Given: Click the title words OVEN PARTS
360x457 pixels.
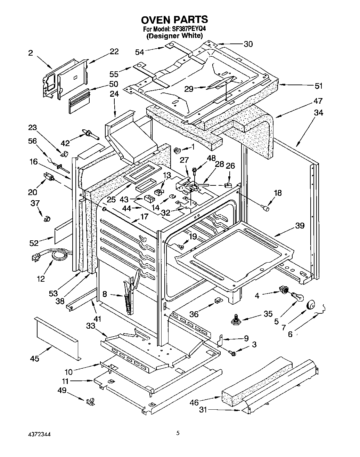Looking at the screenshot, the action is pyautogui.click(x=174, y=19).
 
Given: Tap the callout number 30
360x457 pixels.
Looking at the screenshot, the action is pyautogui.click(x=248, y=44).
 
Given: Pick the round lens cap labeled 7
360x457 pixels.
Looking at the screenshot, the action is pyautogui.click(x=311, y=305).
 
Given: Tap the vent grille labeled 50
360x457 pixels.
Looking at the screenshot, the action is pyautogui.click(x=79, y=101).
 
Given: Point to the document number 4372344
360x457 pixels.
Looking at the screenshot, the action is pyautogui.click(x=40, y=434).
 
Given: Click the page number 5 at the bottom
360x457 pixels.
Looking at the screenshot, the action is pyautogui.click(x=178, y=433).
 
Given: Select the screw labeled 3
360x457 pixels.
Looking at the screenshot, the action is pyautogui.click(x=233, y=353).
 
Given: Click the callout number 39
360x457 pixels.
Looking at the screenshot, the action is pyautogui.click(x=300, y=225).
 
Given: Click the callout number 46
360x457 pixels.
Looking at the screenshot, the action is pyautogui.click(x=194, y=402).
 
